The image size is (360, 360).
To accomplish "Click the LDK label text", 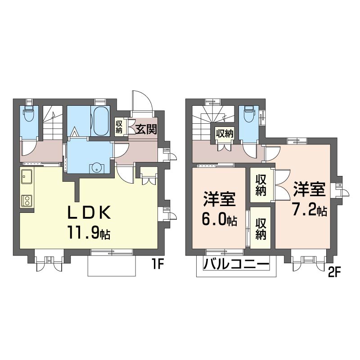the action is click(x=89, y=212).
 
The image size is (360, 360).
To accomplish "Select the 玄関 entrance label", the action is click(x=146, y=129).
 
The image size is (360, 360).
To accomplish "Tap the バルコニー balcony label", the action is click(x=236, y=264).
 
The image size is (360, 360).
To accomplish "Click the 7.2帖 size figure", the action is click(x=309, y=210).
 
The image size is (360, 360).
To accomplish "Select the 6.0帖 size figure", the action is click(x=219, y=220).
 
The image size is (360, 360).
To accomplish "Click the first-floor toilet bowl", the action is click(x=29, y=114).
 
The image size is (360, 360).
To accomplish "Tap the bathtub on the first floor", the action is click(x=101, y=121).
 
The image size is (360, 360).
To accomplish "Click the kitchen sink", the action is click(x=27, y=176).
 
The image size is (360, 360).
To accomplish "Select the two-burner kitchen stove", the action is click(x=27, y=201).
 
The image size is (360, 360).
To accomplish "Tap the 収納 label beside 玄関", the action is click(x=119, y=127).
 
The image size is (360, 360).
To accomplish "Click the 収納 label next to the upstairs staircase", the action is click(x=225, y=133).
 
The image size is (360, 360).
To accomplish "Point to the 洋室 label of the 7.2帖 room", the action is click(x=309, y=189).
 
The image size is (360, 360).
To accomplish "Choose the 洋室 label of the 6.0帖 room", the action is click(x=219, y=199).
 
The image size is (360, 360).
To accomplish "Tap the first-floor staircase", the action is click(x=53, y=122).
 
